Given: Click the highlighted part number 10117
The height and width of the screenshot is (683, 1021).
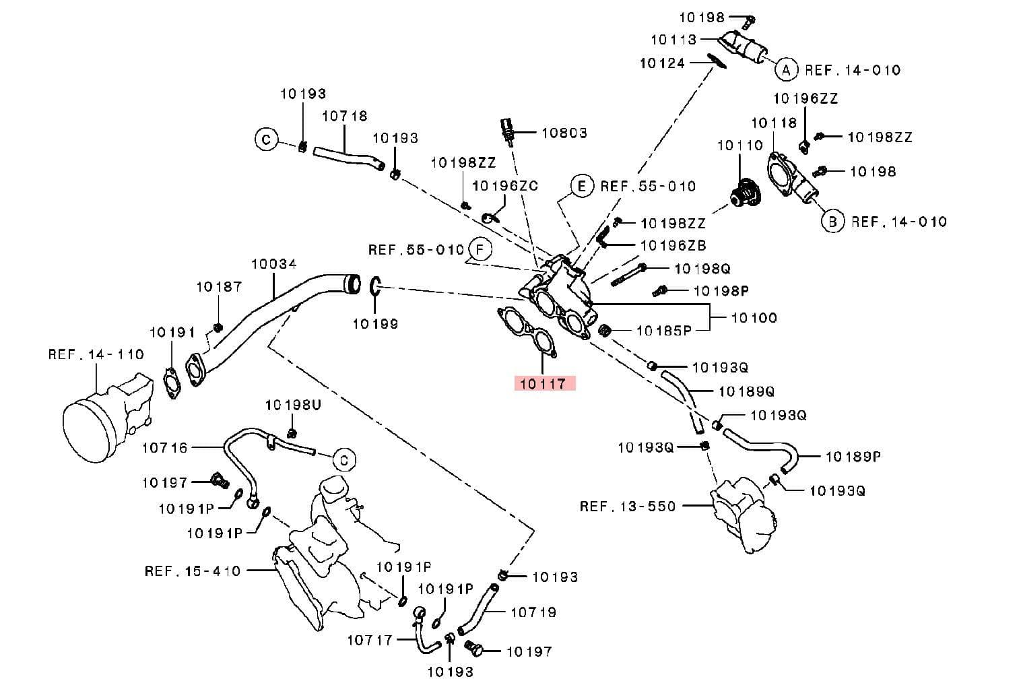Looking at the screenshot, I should coord(544,384).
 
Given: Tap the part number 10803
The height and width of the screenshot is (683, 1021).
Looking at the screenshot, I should coord(564,133).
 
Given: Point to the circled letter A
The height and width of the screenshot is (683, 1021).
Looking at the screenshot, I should coord(785,69).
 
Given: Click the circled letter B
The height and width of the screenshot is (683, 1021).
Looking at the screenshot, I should coord(833,221).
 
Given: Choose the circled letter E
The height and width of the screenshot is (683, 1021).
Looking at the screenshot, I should coord(582,186).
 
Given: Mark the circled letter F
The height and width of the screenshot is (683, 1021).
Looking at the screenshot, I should coord(480,250).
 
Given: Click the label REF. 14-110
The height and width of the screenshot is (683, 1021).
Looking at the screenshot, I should coord(96,354).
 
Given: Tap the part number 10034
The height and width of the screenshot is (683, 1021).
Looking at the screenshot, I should coord(273,264).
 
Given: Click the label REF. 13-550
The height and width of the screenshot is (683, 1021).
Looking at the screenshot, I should coord(627,506).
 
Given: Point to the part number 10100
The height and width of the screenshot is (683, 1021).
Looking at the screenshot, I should coord(754,317).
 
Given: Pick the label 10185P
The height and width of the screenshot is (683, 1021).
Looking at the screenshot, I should coord(664,331).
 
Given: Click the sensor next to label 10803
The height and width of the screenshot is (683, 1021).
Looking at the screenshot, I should coord(508,131).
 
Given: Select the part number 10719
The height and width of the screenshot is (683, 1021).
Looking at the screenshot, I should coord(533,612).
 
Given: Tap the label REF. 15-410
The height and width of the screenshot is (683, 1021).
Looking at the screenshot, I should coord(193,571).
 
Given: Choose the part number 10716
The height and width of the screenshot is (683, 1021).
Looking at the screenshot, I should coord(164,447).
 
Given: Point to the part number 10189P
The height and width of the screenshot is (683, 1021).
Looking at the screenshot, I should coord(853,456).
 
